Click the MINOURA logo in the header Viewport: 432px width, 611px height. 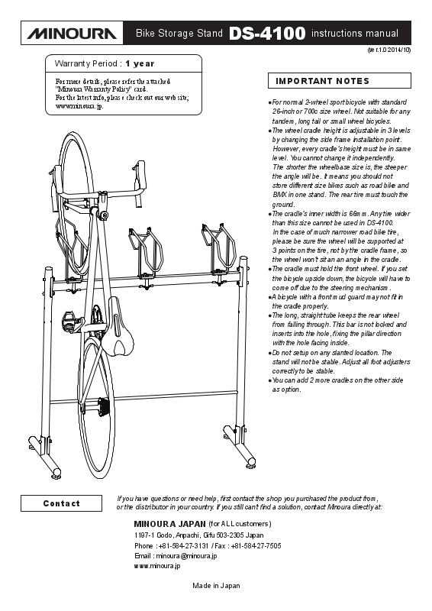coord(72,34)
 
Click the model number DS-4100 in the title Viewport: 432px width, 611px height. coord(267,34)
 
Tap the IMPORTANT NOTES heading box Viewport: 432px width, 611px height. coord(340,81)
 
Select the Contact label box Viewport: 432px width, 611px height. coord(62,503)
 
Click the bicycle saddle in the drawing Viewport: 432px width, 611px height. coord(118,327)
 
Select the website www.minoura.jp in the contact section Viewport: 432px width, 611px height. coord(157,566)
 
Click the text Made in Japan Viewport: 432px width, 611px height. coord(216,585)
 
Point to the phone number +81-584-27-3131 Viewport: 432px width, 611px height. coord(183,545)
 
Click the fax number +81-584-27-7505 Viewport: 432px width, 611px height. coord(256,545)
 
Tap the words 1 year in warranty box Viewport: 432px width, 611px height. coord(140,63)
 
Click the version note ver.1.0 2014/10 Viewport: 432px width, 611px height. coord(389,50)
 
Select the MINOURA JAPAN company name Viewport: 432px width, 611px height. coord(170,524)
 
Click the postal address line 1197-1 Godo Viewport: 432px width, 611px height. coord(198,535)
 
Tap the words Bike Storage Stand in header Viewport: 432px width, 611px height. coord(179,34)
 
